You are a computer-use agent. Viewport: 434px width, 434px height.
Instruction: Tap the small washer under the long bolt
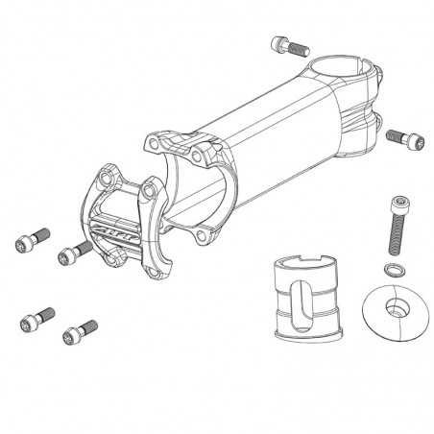[391, 266]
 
